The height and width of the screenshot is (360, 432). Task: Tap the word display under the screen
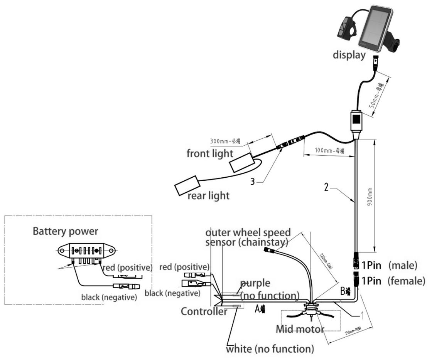coord(349,56)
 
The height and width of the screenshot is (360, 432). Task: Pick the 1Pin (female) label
coord(393,280)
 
